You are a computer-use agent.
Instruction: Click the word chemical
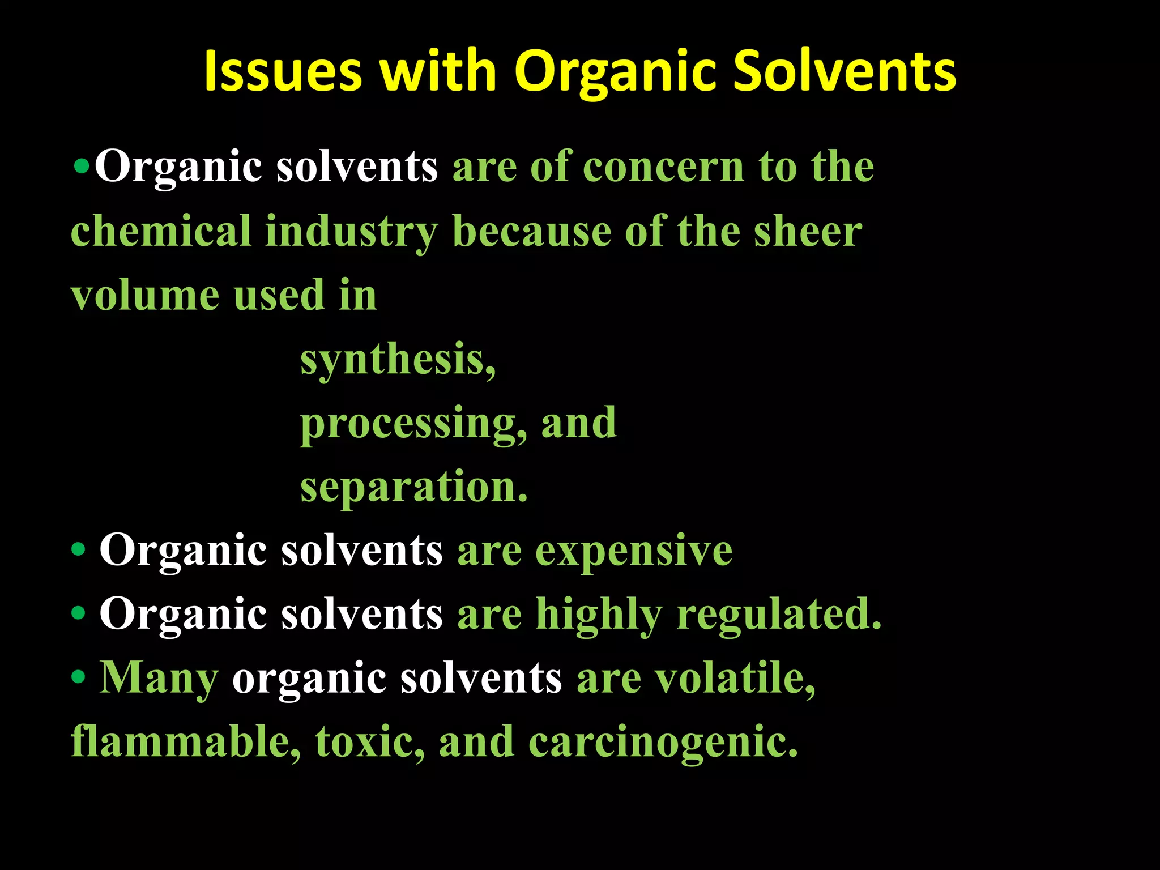pos(161,232)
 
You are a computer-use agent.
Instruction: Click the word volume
pos(145,296)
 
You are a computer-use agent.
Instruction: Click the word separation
pos(413,488)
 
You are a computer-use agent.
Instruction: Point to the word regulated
pos(779,615)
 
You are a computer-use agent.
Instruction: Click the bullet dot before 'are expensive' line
pos(79,549)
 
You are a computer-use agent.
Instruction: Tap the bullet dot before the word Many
pos(79,677)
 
